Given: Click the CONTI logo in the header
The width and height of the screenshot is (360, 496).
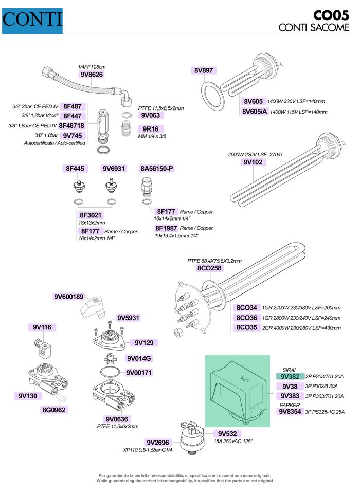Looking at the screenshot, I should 32,21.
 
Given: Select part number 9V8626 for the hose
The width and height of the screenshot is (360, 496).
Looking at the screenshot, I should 92,74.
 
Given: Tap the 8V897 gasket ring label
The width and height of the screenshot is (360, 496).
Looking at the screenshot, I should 204,70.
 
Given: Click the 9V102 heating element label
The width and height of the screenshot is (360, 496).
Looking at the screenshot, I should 253,162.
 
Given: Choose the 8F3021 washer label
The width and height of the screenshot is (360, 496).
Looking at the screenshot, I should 91,215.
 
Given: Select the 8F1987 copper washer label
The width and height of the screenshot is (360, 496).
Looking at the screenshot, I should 166,228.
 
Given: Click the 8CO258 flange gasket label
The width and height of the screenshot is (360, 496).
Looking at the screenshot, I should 209,268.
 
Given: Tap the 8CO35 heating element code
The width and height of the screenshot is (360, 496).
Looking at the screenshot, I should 247,327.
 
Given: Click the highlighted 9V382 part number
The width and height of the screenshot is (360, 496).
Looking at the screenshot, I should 291,376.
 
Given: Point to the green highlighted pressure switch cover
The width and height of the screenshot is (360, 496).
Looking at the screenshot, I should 237,389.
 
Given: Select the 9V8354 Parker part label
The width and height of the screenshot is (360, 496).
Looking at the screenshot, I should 291,411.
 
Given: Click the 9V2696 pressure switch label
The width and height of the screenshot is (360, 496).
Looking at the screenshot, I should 157,442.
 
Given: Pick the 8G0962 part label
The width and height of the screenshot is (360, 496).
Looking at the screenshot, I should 55,410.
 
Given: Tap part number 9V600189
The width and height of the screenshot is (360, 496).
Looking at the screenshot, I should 72,297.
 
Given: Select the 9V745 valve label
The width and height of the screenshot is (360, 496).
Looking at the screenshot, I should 72,135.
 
